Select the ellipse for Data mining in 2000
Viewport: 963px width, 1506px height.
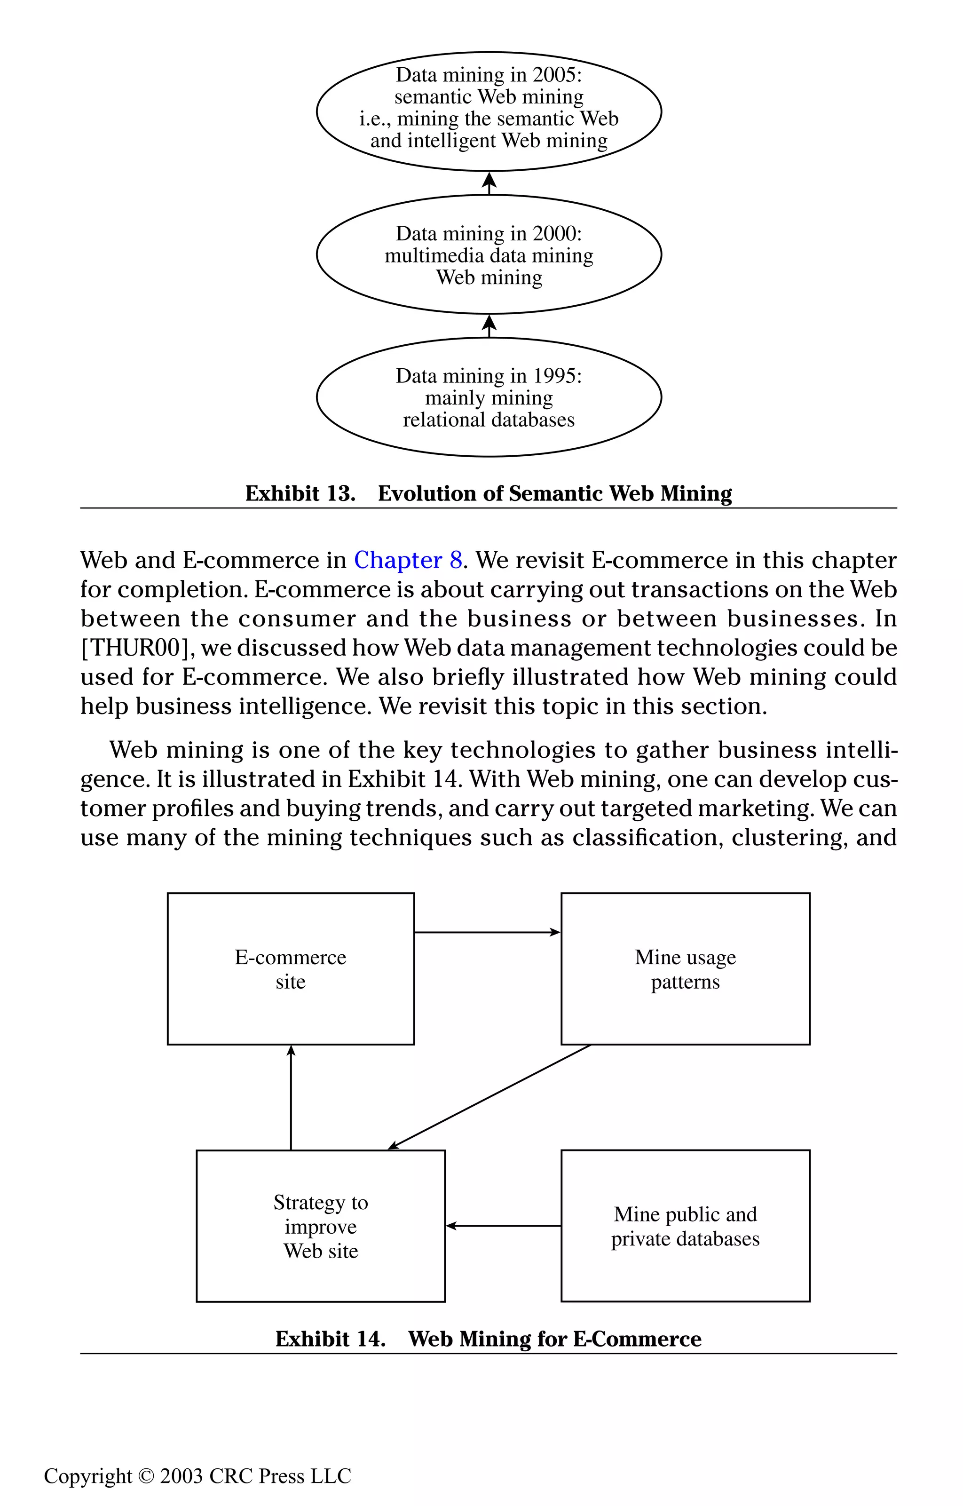[x=489, y=254]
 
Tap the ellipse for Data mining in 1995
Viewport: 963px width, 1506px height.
[x=489, y=397]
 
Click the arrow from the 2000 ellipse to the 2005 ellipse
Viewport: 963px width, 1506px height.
[x=489, y=183]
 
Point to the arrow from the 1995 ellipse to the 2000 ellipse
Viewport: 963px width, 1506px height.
[x=489, y=326]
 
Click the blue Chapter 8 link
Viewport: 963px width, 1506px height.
[x=408, y=560]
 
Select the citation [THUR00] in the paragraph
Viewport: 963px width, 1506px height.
[x=135, y=648]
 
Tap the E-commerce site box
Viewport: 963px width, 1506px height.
[x=290, y=969]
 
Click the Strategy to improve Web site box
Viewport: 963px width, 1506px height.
[x=320, y=1227]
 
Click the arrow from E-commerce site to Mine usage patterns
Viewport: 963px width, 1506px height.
[x=487, y=933]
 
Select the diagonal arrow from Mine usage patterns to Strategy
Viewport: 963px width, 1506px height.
[x=489, y=1097]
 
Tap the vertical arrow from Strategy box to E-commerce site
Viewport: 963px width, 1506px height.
[x=291, y=1098]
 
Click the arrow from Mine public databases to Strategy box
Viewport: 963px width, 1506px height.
[x=504, y=1226]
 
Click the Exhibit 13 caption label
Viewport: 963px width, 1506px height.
[x=300, y=493]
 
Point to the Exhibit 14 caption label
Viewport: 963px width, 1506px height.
[x=330, y=1339]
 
